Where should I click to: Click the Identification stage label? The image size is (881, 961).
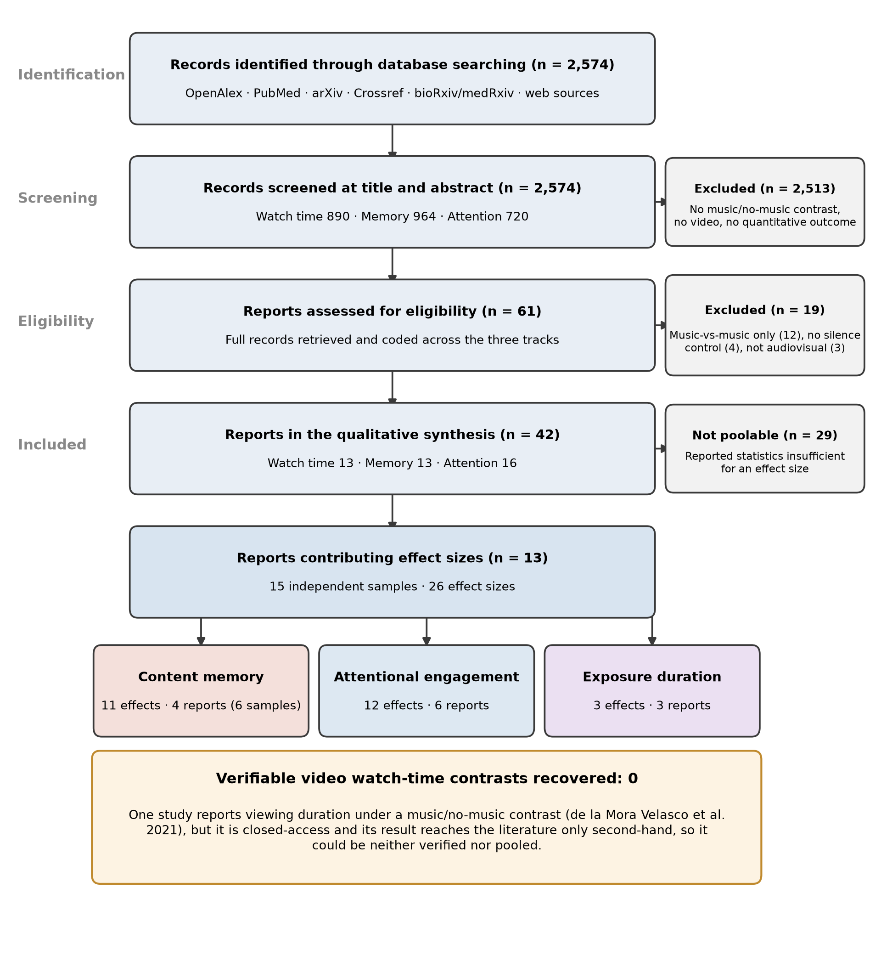pos(72,75)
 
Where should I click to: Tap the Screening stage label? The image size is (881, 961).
pos(58,198)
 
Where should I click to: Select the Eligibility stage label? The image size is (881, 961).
pos(56,322)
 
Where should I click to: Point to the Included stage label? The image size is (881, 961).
pos(52,445)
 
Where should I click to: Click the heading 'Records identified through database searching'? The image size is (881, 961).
pos(348,65)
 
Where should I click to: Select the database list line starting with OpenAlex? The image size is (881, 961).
pos(392,93)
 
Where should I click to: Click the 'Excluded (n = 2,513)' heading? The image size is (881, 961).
pos(765,189)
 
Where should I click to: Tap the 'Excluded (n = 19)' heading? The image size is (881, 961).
pos(765,310)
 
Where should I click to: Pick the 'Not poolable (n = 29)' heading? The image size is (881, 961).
pos(765,435)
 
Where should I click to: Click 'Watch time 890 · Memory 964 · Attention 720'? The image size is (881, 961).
pos(392,216)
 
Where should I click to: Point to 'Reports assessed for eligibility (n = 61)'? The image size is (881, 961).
pos(392,311)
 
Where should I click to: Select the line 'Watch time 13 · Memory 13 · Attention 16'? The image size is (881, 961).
pos(392,463)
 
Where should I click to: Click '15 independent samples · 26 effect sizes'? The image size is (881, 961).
pos(392,587)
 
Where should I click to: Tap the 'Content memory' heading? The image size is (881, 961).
pos(201,677)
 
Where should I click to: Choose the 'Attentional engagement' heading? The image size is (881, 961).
pos(426,677)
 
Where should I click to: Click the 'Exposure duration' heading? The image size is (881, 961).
pos(652,677)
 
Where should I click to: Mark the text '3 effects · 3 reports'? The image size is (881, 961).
pos(652,706)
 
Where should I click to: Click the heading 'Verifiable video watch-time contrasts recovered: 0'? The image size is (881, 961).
pos(426,778)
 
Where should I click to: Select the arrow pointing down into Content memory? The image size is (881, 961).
pos(201,632)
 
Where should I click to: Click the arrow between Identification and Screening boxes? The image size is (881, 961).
pos(393,141)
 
